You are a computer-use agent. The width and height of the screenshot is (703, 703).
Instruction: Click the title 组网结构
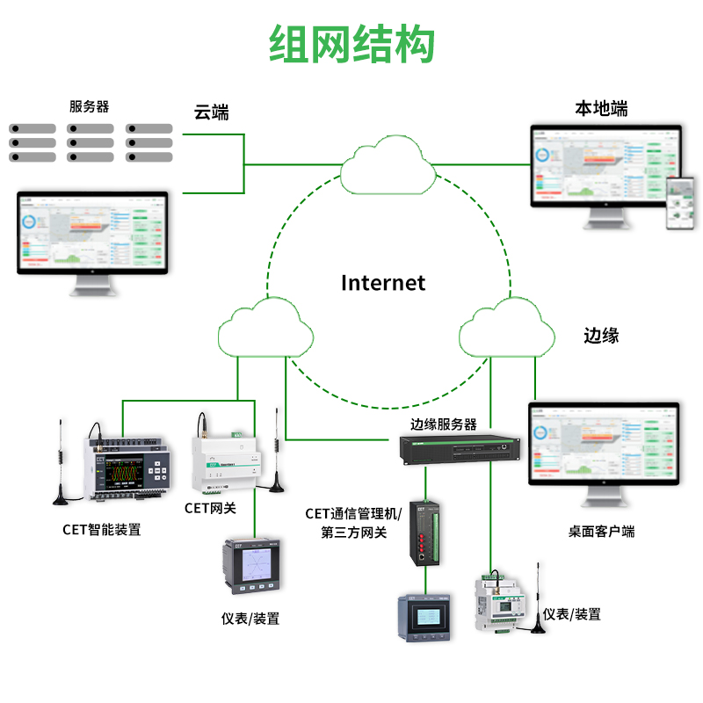click(x=351, y=44)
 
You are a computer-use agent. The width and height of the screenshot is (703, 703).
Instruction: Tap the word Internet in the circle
click(x=382, y=282)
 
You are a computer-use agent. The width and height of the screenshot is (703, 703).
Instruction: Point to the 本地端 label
click(x=601, y=109)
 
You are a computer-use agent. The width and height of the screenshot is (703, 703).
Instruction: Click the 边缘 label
click(x=602, y=335)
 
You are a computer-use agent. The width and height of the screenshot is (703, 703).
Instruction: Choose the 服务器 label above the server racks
click(x=90, y=106)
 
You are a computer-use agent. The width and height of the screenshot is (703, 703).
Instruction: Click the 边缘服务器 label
click(x=443, y=424)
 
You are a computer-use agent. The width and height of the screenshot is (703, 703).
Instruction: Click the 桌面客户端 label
click(x=601, y=531)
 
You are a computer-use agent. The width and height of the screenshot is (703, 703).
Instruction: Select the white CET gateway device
click(x=227, y=461)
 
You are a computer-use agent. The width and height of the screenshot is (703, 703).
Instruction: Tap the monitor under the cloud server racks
click(x=92, y=237)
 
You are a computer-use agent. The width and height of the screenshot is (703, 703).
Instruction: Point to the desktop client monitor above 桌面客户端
click(x=603, y=448)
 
